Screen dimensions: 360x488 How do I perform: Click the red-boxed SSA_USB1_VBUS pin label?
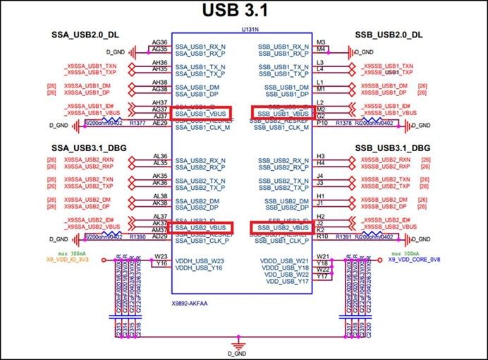pyautogui.click(x=201, y=113)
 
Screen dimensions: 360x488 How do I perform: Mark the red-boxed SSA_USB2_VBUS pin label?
pyautogui.click(x=201, y=229)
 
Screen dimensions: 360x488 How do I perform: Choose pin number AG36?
pyautogui.click(x=159, y=42)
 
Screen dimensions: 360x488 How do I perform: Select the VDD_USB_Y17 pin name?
pyautogui.click(x=285, y=282)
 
